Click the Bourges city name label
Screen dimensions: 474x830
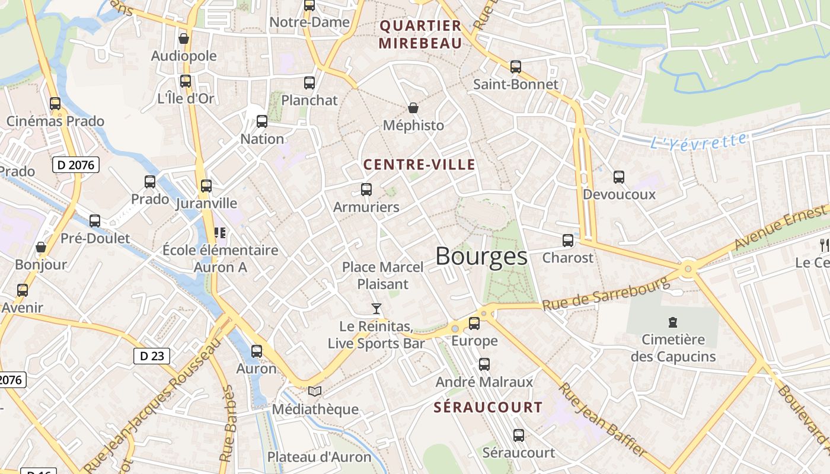click(x=481, y=257)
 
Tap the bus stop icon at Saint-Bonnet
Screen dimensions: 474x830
click(x=516, y=67)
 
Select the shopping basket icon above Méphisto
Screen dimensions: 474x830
click(x=413, y=108)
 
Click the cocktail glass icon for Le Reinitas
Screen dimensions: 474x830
click(x=376, y=308)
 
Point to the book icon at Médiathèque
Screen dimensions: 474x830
click(x=315, y=391)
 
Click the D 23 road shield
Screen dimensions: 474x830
click(x=152, y=356)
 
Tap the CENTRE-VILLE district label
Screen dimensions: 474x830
click(x=419, y=165)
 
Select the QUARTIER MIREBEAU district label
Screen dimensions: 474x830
click(x=420, y=34)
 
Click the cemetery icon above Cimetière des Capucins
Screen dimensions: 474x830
click(x=672, y=322)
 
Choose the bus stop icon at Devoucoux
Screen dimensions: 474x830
click(x=619, y=177)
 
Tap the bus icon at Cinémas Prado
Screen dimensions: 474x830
click(x=55, y=104)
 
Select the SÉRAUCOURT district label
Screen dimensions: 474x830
click(x=488, y=408)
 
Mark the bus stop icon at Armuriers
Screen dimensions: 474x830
click(x=366, y=190)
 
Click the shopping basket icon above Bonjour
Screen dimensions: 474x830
click(x=41, y=247)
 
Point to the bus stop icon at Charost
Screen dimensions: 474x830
click(x=568, y=241)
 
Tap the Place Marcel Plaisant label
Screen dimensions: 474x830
click(x=383, y=276)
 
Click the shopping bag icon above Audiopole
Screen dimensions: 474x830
click(x=184, y=39)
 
